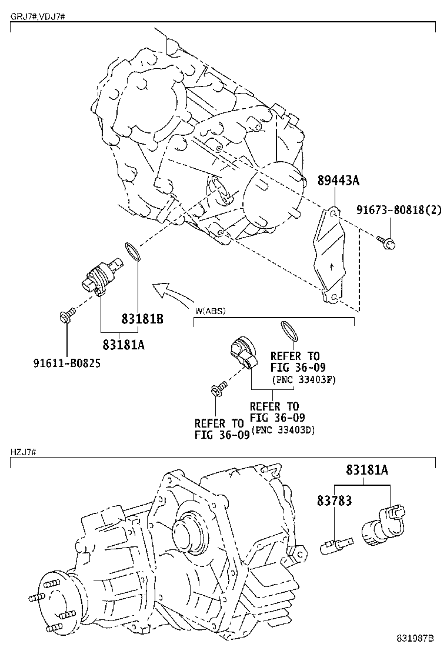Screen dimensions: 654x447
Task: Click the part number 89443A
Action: pyautogui.click(x=338, y=181)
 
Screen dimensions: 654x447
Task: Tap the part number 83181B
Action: pyautogui.click(x=142, y=319)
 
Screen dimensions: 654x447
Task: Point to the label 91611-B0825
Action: pyautogui.click(x=66, y=363)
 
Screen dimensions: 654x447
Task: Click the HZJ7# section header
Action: pyautogui.click(x=25, y=452)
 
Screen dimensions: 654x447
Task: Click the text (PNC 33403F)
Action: pyautogui.click(x=303, y=379)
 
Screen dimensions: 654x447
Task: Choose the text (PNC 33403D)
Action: pyautogui.click(x=283, y=430)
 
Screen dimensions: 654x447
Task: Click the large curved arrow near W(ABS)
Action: pyautogui.click(x=171, y=290)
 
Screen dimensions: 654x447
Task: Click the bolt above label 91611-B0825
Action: pyautogui.click(x=66, y=316)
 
